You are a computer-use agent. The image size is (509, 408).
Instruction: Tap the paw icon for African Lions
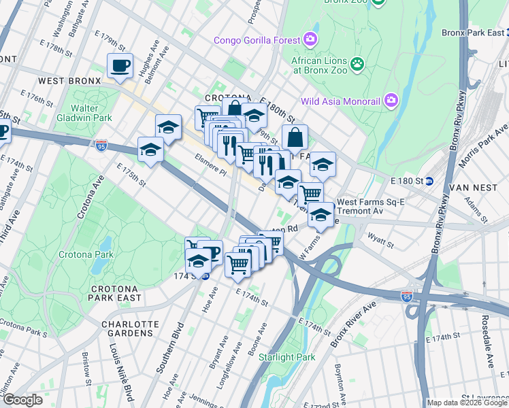click(357, 64)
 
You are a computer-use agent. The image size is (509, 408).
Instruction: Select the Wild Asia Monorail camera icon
click(391, 101)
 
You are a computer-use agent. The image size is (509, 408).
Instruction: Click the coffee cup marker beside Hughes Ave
click(120, 66)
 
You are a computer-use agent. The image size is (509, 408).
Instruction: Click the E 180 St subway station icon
click(429, 182)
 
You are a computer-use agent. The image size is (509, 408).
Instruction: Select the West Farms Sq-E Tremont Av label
click(371, 207)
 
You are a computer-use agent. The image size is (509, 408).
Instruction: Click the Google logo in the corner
click(22, 400)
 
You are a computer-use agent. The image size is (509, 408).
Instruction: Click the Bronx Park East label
click(474, 32)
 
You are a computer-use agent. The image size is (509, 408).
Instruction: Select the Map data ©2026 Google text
click(467, 403)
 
